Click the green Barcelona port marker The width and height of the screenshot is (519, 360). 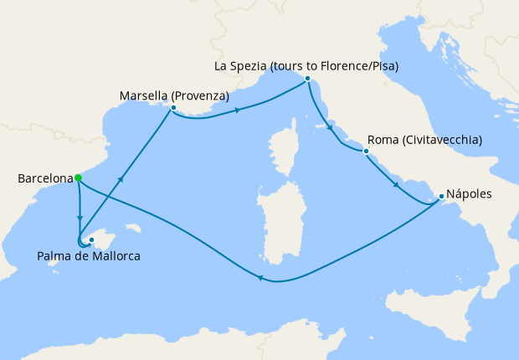point(77,177)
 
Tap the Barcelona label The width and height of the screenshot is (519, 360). point(44,178)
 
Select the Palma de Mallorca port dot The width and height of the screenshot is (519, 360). point(92,240)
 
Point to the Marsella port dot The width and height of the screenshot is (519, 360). point(172,108)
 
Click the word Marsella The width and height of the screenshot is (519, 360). point(145,96)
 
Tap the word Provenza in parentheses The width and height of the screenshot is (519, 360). point(201,96)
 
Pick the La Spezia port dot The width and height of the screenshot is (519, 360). point(308,79)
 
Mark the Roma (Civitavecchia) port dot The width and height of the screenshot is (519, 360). point(366,152)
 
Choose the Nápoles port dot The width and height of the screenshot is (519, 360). point(441,197)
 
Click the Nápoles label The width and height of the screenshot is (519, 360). point(470,194)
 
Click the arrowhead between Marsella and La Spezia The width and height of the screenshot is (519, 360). point(239,110)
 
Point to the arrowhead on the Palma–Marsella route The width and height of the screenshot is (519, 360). point(123,178)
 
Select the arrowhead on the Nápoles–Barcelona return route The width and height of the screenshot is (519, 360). point(260,279)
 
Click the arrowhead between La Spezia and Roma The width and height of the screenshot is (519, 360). point(331,128)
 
